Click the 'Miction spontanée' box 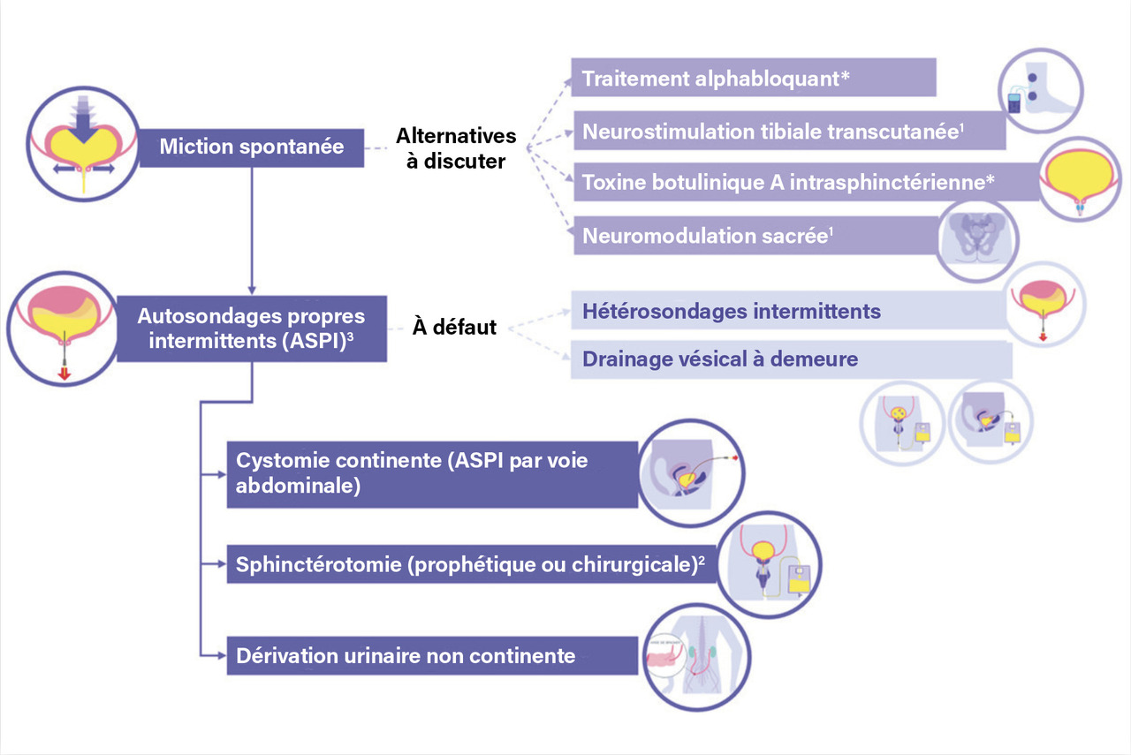pos(252,146)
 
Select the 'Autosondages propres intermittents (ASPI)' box pos(253,328)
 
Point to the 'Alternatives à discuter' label pos(456,148)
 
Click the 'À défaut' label pos(454,328)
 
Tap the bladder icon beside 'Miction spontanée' pos(75,145)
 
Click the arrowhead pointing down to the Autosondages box pos(253,288)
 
